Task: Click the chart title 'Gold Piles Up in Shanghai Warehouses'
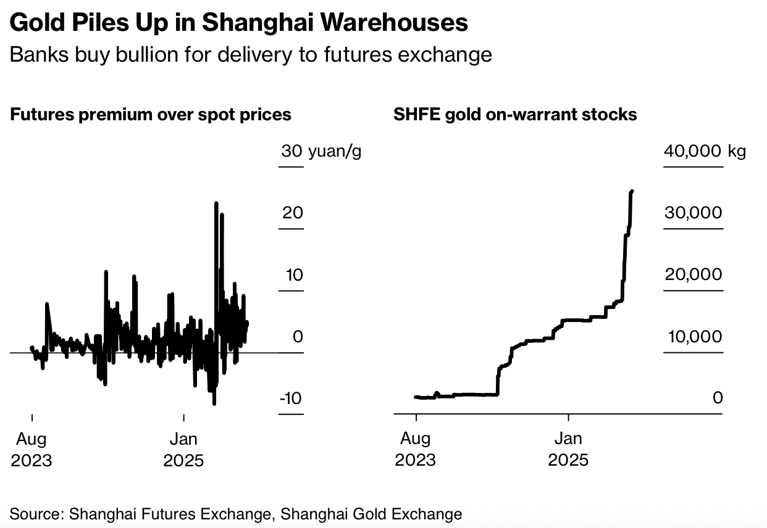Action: (239, 23)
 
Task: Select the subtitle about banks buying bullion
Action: (251, 55)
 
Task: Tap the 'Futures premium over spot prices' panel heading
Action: (151, 115)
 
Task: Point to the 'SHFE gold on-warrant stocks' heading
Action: (515, 115)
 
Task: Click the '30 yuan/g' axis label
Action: (321, 151)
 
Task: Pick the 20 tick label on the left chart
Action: (293, 213)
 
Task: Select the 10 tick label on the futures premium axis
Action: (293, 274)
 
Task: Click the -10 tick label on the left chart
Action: (291, 398)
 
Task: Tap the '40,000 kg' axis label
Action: (705, 151)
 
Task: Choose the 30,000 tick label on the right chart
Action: (693, 213)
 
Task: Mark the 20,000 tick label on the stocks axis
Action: (693, 274)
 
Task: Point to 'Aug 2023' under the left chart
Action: (31, 450)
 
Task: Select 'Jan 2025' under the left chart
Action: (183, 450)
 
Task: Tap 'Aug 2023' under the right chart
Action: (416, 450)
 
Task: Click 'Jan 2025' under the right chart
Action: (568, 450)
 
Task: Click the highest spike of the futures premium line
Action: (216, 203)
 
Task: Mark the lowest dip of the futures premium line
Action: (214, 404)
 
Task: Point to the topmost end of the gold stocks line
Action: (632, 192)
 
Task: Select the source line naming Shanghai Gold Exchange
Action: (236, 513)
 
